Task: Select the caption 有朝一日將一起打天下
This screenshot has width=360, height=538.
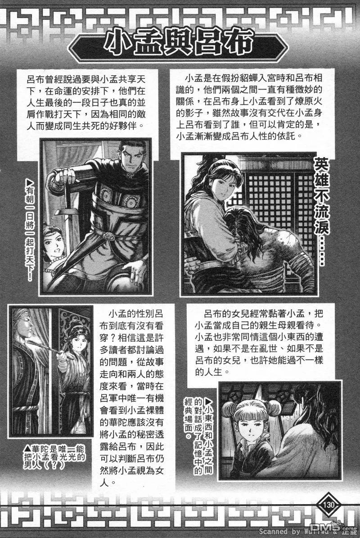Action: tap(30, 231)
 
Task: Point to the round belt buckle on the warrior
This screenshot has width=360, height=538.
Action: tap(110, 236)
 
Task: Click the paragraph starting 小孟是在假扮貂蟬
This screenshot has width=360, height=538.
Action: tap(250, 107)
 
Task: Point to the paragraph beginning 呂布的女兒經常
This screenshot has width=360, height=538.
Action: tap(259, 343)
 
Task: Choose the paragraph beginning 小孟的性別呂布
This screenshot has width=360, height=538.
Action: tap(132, 398)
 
